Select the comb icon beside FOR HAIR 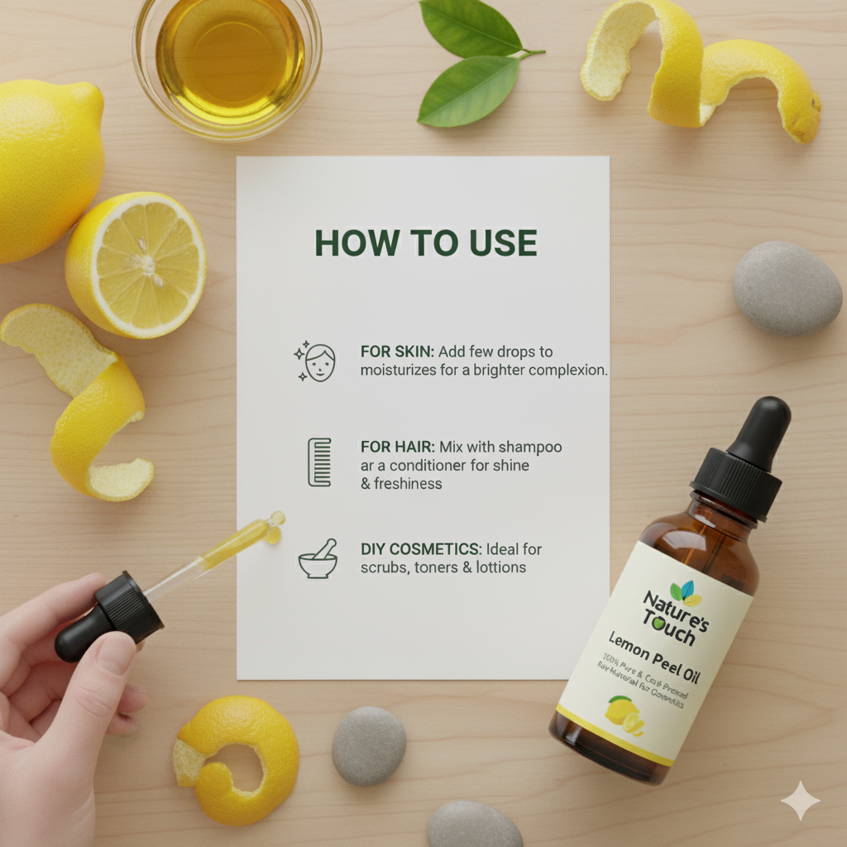coord(319,462)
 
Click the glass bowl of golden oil coord(227,58)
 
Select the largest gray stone coord(786,288)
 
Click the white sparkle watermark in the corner coord(800,800)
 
